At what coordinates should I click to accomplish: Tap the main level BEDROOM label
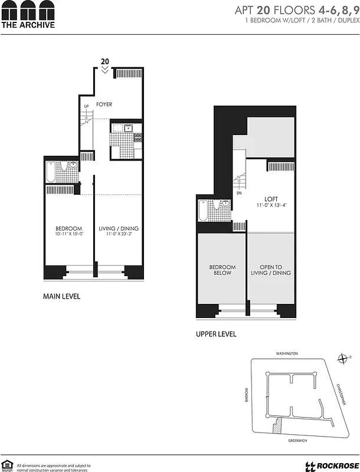(68, 228)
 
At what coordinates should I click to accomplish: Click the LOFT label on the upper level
(271, 199)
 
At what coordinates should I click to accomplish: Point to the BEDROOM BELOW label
(222, 270)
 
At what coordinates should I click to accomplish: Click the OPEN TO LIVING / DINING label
(271, 270)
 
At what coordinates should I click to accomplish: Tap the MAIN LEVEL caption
(61, 297)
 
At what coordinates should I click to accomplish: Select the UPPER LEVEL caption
(216, 334)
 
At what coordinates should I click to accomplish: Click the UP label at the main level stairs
(86, 107)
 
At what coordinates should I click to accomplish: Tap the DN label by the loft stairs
(240, 193)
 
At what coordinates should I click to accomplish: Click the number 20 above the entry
(105, 61)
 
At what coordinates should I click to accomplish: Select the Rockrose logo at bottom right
(330, 466)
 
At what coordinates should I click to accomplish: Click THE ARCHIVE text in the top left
(28, 25)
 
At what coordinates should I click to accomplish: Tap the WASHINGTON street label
(287, 353)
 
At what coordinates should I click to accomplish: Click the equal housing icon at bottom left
(8, 464)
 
